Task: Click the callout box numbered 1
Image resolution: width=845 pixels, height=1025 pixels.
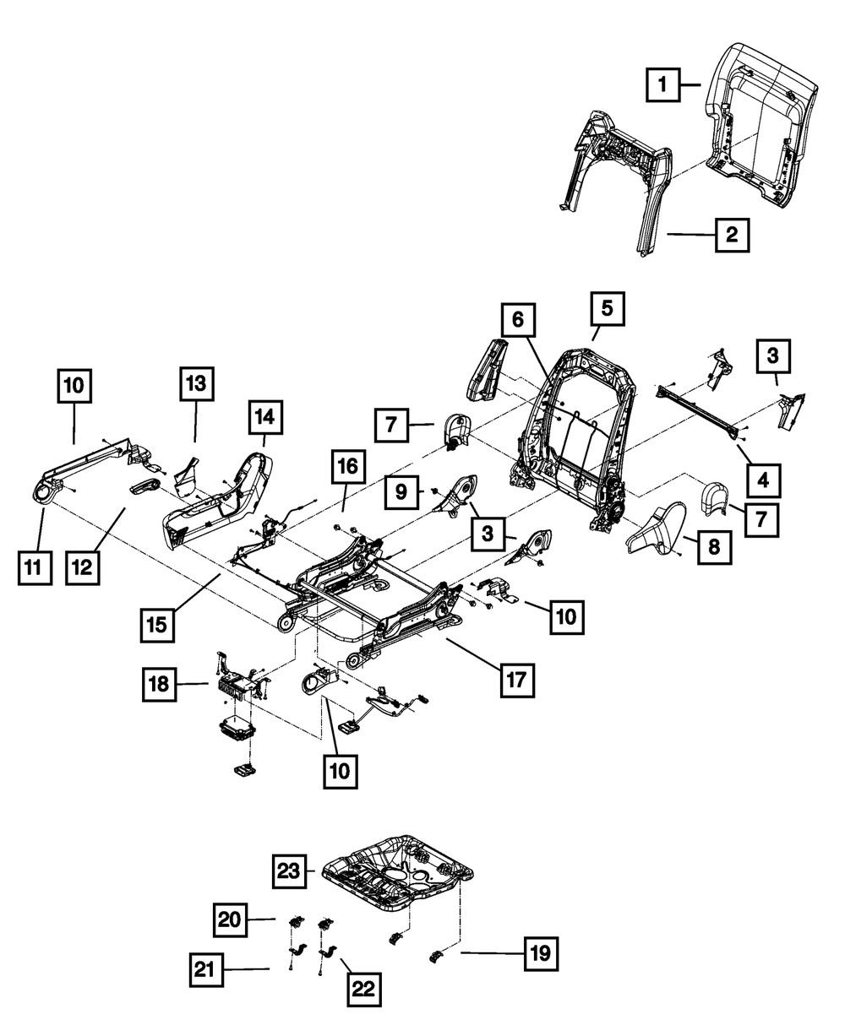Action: (x=663, y=84)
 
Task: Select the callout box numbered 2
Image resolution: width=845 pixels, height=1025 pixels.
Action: (x=732, y=235)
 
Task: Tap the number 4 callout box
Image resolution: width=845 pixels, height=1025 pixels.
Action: (x=763, y=481)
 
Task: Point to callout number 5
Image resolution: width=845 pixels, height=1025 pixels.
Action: (x=607, y=310)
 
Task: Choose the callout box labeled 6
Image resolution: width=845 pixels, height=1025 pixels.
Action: (x=518, y=320)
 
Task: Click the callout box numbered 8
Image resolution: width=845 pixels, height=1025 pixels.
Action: (x=714, y=548)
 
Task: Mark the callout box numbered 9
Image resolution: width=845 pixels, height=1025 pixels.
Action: (x=401, y=490)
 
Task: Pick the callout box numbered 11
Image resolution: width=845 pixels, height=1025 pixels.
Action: (x=32, y=568)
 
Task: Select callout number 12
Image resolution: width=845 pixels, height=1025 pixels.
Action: (x=84, y=567)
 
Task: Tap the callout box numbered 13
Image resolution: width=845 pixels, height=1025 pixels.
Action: (x=196, y=385)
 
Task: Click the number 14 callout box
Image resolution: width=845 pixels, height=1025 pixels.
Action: (x=265, y=416)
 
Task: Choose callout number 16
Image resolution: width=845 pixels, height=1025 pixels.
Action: (x=350, y=465)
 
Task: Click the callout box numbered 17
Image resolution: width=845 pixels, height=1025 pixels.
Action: (x=516, y=678)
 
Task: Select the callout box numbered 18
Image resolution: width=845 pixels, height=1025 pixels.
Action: (x=158, y=686)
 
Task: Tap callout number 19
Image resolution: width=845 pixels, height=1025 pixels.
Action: (x=541, y=954)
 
